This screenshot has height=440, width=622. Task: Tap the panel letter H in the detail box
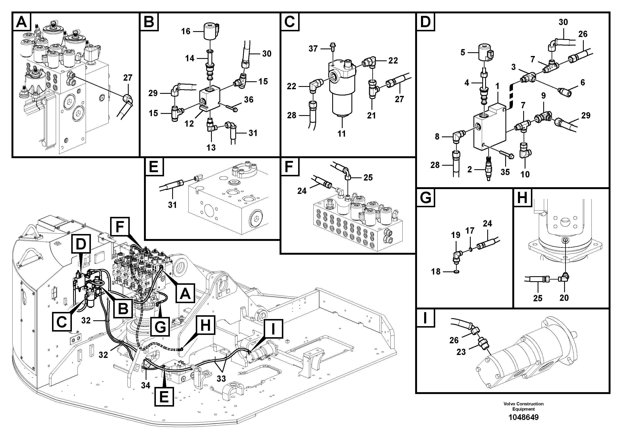click(x=522, y=197)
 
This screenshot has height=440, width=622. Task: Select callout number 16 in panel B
click(x=186, y=31)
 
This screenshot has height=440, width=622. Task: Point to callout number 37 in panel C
click(x=313, y=49)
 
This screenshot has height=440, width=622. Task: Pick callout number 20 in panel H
click(x=564, y=298)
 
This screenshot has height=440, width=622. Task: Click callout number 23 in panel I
click(x=461, y=352)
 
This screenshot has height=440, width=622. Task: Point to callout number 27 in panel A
click(x=128, y=78)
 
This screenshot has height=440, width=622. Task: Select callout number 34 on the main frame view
click(x=145, y=385)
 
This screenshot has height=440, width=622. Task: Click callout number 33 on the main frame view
click(x=221, y=379)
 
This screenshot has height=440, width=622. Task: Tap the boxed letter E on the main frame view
click(x=164, y=397)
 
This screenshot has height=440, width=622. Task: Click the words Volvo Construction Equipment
click(x=523, y=406)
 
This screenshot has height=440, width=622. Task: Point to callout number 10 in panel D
click(x=525, y=174)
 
